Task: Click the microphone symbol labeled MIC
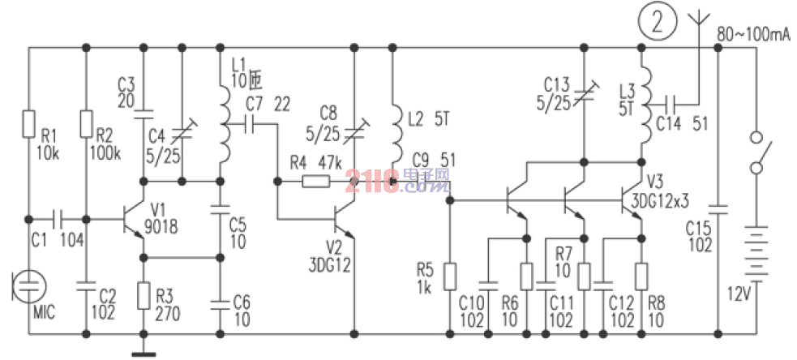tap(28, 286)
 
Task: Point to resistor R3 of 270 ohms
tap(143, 296)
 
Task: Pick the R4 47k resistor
tap(315, 181)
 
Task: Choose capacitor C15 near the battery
tap(718, 208)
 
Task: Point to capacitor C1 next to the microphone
tap(57, 219)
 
